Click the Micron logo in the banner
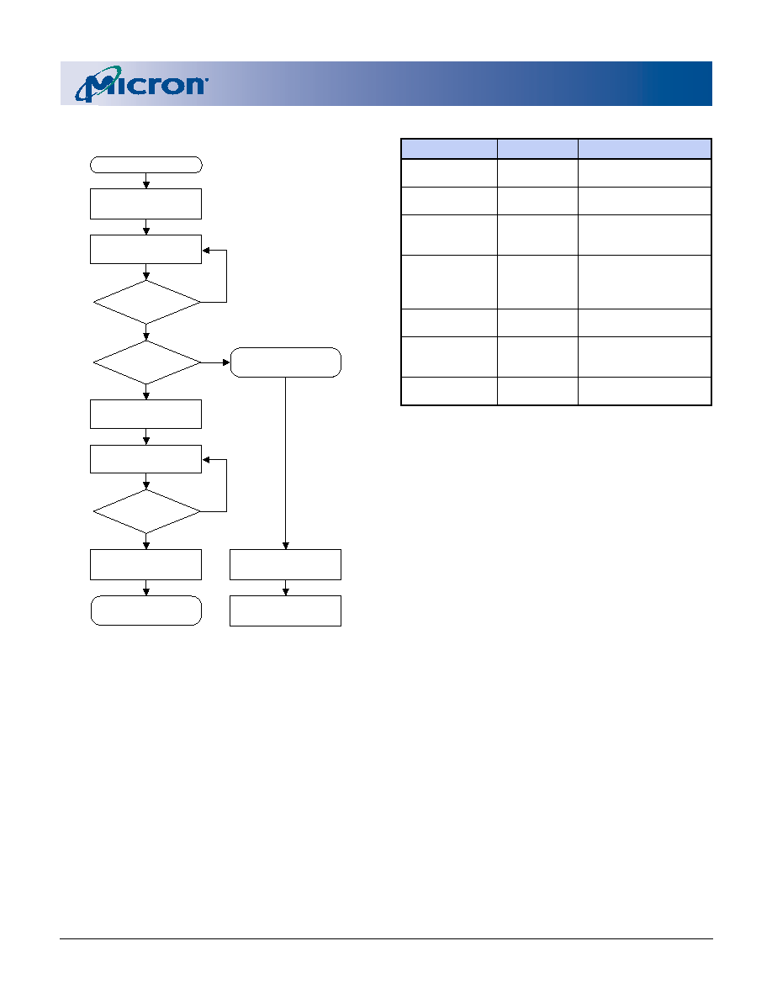coord(141,83)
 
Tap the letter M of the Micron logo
coord(96,86)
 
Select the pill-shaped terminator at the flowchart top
coord(145,165)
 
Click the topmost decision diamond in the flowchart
coord(146,302)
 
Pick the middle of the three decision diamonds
coord(146,362)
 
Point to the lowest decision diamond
coord(146,511)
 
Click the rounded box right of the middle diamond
coord(285,362)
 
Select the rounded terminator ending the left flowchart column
coord(145,610)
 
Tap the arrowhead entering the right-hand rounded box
coord(226,362)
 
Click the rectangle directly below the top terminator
coord(145,203)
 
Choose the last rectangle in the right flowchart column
coord(285,610)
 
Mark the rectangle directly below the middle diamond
coord(145,414)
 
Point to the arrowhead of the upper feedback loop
coord(206,251)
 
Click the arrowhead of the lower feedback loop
coord(206,459)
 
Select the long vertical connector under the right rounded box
coord(285,463)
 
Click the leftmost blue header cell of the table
coord(449,149)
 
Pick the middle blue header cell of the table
coord(537,149)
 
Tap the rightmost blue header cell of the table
coord(645,149)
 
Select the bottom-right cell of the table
coord(645,390)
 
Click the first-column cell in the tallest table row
coord(449,283)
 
